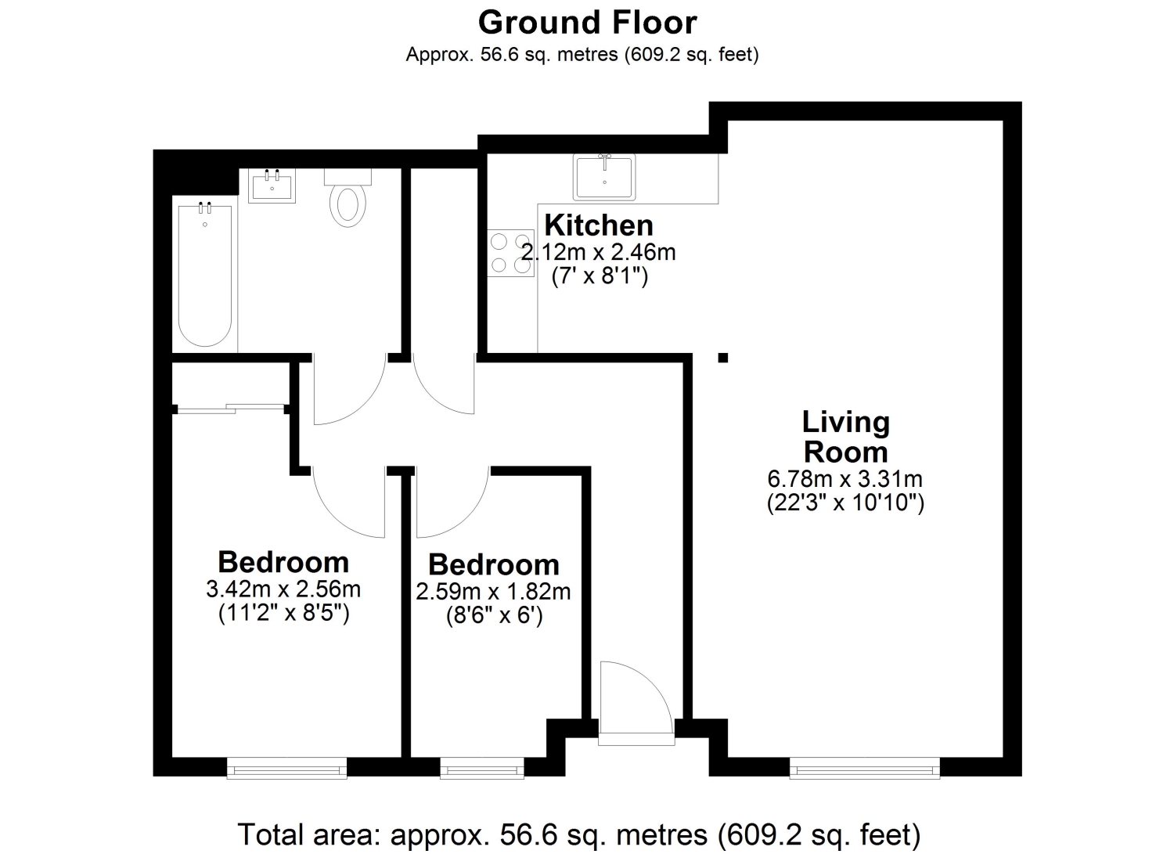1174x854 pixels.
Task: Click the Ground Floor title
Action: point(587,23)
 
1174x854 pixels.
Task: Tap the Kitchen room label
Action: point(599,225)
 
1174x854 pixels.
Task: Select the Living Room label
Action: point(845,437)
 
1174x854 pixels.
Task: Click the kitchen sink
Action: point(603,177)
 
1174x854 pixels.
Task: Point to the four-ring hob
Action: point(510,253)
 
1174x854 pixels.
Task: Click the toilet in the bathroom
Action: point(348,197)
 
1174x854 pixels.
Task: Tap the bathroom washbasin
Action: point(272,186)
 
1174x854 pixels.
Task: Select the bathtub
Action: point(205,275)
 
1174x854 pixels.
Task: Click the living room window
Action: point(864,769)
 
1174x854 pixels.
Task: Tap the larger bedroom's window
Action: point(286,769)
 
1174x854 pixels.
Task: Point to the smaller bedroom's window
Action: point(481,769)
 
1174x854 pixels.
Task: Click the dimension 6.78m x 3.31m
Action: point(844,478)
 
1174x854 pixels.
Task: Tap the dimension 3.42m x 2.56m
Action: point(283,589)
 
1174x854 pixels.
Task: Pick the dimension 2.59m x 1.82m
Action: point(493,592)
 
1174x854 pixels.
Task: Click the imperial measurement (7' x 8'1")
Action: point(600,276)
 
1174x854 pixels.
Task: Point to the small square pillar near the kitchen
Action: point(722,358)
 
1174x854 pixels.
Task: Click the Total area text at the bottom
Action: point(579,834)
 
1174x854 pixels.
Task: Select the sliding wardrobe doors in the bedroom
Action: point(231,409)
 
